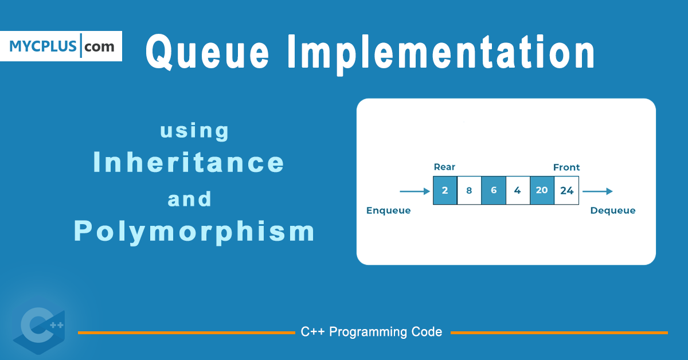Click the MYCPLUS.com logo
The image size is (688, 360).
pyautogui.click(x=61, y=46)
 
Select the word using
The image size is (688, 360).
pyautogui.click(x=194, y=131)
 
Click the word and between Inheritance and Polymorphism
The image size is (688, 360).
pyautogui.click(x=190, y=199)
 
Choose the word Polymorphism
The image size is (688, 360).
pyautogui.click(x=194, y=231)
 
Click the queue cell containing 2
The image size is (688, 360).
pyautogui.click(x=445, y=191)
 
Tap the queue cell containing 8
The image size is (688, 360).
pyautogui.click(x=469, y=191)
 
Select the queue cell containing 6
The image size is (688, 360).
pyautogui.click(x=494, y=191)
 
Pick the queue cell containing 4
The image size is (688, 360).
pyautogui.click(x=518, y=191)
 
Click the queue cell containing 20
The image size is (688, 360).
pyautogui.click(x=542, y=191)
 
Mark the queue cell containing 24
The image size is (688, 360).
pyautogui.click(x=566, y=191)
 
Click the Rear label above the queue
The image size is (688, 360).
pyautogui.click(x=444, y=167)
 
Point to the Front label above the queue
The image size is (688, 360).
pyautogui.click(x=566, y=167)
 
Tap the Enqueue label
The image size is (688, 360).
pyautogui.click(x=389, y=210)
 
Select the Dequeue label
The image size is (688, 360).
pyautogui.click(x=613, y=210)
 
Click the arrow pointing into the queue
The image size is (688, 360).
pyautogui.click(x=415, y=191)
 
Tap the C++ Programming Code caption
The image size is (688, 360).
pyautogui.click(x=372, y=332)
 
